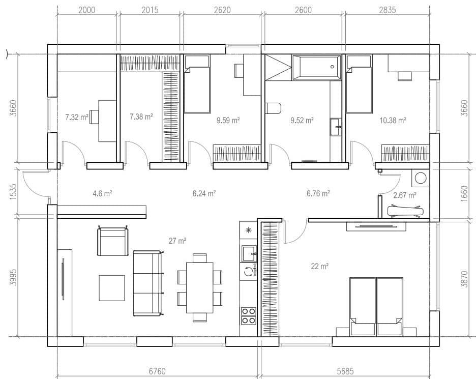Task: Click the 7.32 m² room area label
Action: pos(76,117)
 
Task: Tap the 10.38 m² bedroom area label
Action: pos(393,120)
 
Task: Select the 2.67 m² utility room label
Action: pos(405,195)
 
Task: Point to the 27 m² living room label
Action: pos(177,241)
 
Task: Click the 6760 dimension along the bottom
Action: pos(157,371)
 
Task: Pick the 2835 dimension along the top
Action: pos(388,10)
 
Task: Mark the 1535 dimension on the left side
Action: pos(13,191)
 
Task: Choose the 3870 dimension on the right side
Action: pos(464,279)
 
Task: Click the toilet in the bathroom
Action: pos(273,108)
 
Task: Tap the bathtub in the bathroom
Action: pos(316,68)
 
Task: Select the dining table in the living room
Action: pos(199,287)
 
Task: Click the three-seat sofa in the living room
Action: pos(148,283)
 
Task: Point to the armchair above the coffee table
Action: pos(112,242)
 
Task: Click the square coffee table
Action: pos(112,288)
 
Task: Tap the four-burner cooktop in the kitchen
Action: pos(248,316)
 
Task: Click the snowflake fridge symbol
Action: pos(248,230)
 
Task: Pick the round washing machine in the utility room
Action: pos(421,178)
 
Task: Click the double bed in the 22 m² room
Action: pos(376,306)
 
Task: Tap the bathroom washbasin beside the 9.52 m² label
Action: pos(336,126)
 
